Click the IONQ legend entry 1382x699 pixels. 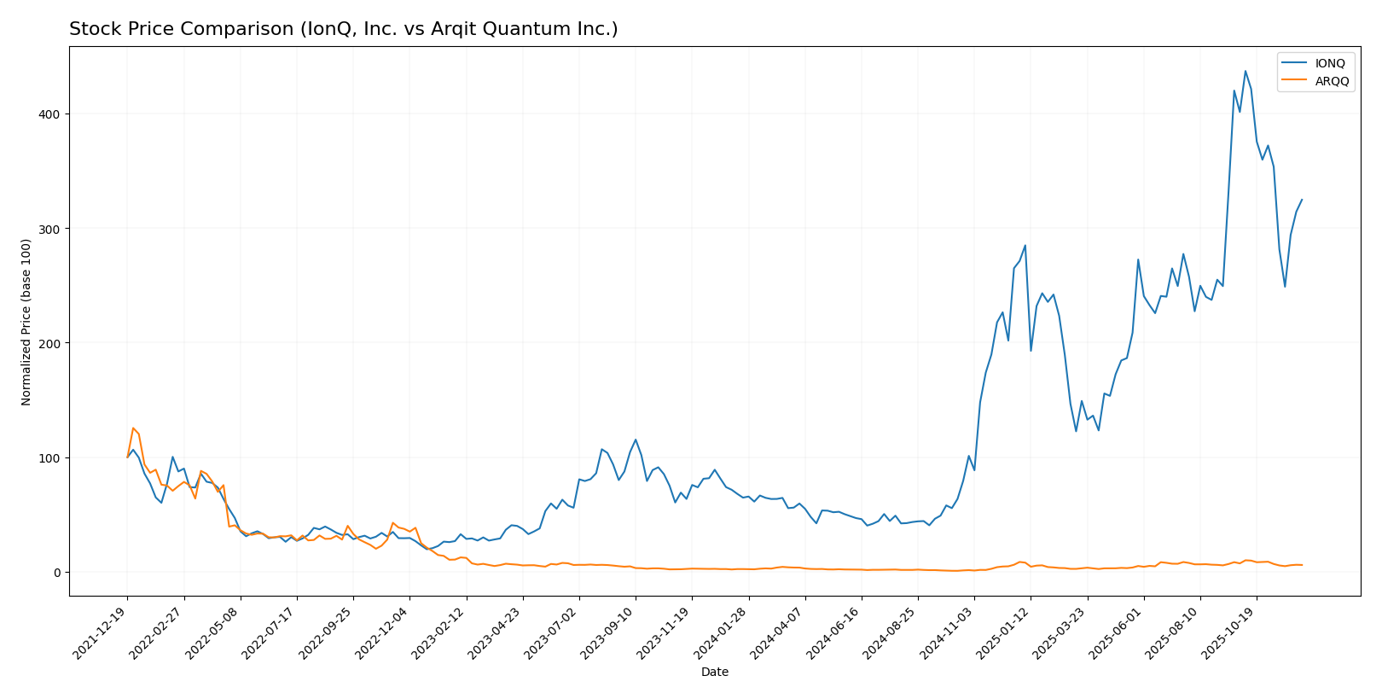(x=1329, y=63)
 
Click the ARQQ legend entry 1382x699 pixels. (x=1332, y=81)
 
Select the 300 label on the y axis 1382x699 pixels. (x=52, y=229)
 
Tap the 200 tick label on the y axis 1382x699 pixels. (x=52, y=343)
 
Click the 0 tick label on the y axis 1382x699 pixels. (x=58, y=573)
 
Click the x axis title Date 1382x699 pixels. (x=715, y=673)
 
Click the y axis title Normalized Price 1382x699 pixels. (x=26, y=322)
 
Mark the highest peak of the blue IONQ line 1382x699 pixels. (x=1245, y=71)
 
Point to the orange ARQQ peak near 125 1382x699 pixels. (x=133, y=428)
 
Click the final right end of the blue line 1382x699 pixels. (x=1302, y=200)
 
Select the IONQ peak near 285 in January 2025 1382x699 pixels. (x=1025, y=246)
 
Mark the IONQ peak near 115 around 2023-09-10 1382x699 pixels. (x=636, y=440)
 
